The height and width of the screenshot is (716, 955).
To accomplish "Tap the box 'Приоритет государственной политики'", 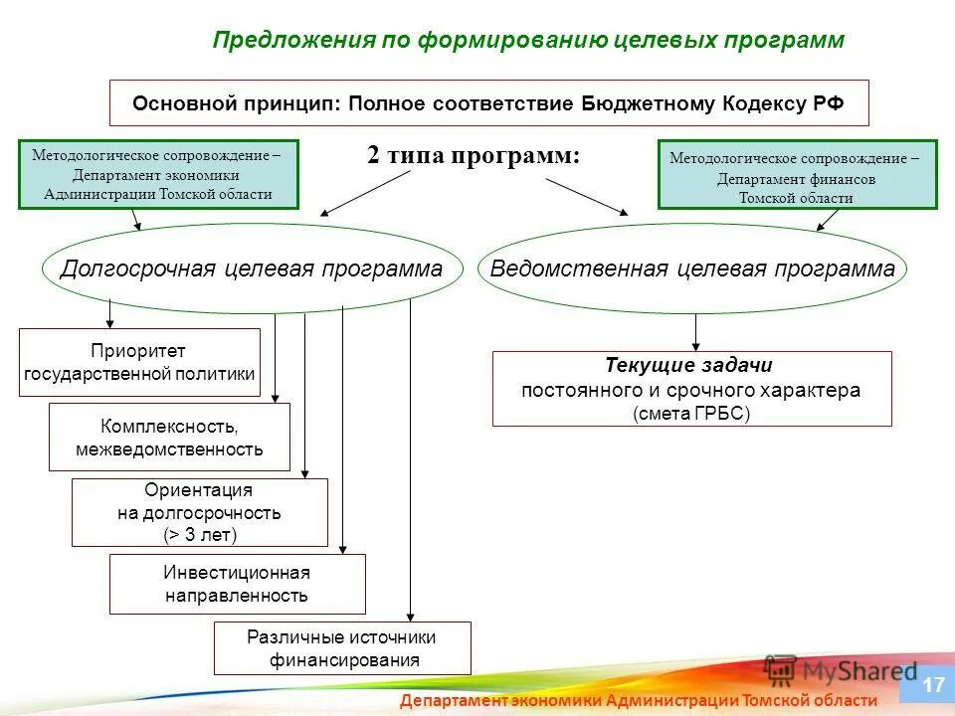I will click(139, 363).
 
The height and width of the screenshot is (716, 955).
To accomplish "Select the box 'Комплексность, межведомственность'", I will click(169, 438).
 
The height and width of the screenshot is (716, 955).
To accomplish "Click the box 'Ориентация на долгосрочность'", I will click(199, 512).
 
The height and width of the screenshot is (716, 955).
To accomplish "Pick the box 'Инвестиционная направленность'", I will click(237, 584).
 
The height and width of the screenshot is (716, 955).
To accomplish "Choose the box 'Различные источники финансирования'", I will click(341, 648).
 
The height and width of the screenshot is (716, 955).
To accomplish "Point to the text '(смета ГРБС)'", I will click(690, 414).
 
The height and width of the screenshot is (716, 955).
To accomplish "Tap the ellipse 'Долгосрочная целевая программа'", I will click(252, 269).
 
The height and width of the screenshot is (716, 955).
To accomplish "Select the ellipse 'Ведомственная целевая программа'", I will click(692, 269).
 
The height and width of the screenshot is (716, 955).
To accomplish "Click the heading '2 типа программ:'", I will click(473, 156).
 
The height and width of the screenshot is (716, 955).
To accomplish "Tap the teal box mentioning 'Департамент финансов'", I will click(797, 175).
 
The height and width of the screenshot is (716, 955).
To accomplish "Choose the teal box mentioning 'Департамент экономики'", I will click(158, 174).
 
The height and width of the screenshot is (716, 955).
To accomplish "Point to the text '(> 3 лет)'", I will click(200, 534).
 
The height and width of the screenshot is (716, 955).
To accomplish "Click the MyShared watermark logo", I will click(841, 670).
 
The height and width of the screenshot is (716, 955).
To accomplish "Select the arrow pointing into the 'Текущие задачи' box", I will click(695, 332).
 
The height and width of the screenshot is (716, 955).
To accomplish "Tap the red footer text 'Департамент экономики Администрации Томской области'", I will click(639, 701).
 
